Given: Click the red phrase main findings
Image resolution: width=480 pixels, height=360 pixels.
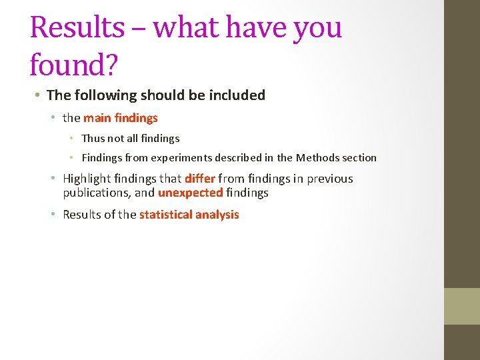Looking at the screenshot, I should [120, 118].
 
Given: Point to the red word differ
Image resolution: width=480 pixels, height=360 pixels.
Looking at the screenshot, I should [199, 179].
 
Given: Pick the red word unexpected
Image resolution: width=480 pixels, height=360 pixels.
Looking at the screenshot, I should [190, 193].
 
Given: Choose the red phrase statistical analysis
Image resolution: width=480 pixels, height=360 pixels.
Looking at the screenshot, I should [189, 215].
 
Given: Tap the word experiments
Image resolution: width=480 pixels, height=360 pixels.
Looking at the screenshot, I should [174, 158].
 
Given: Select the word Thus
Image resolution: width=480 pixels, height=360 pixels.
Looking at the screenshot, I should [93, 139].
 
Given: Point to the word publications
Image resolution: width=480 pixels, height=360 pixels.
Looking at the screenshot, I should [96, 193].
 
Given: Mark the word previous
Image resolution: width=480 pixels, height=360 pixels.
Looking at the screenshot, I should [329, 179].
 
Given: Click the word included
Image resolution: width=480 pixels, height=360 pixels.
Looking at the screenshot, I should [239, 95].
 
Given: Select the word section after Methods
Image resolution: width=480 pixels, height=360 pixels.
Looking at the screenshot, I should [359, 158].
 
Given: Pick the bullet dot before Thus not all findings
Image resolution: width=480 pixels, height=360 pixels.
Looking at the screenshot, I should [73, 139].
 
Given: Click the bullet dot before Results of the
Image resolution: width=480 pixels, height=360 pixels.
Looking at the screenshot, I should [54, 215].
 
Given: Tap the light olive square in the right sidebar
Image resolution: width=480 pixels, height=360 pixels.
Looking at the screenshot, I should [462, 306].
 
